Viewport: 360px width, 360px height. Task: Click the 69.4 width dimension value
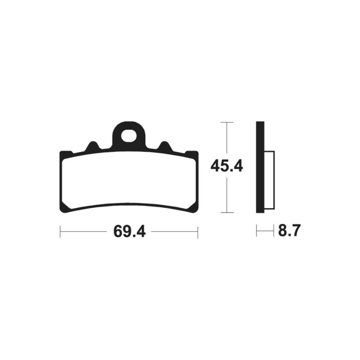coord(130,231)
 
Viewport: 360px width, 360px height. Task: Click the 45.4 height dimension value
coord(226,166)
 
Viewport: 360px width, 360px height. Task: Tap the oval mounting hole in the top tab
coord(129,136)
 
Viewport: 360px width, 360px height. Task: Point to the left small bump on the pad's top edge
coord(92,145)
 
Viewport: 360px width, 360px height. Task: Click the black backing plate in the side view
coord(260,167)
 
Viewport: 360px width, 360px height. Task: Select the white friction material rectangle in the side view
coord(269,180)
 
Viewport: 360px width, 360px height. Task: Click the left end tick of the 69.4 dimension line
coord(60,231)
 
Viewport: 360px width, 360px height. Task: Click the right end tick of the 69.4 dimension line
coord(198,231)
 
